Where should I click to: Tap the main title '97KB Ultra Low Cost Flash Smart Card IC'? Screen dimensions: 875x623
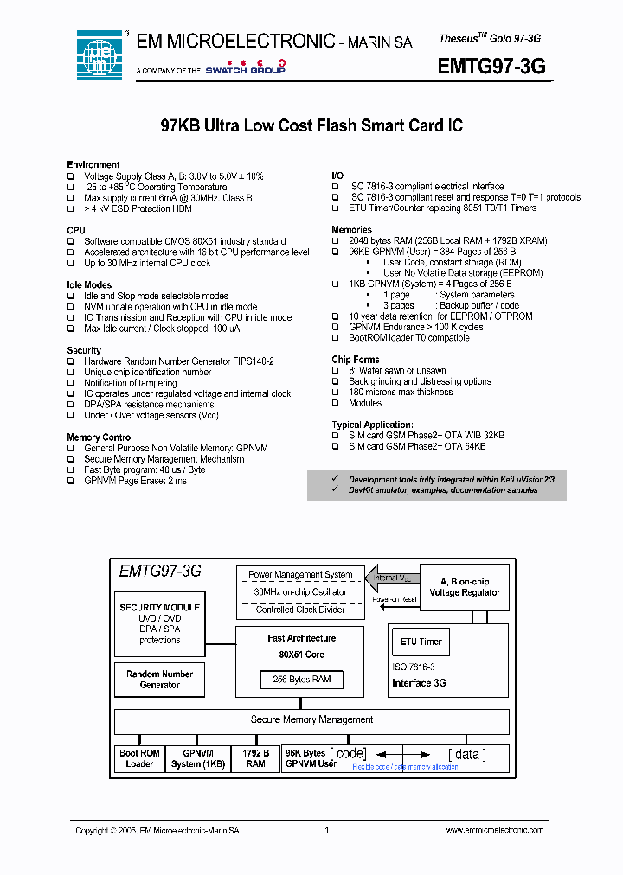click(x=311, y=126)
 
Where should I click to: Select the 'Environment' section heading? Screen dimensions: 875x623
click(x=93, y=164)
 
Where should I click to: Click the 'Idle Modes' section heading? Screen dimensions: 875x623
click(x=89, y=284)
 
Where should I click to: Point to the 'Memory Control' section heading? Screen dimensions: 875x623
click(x=100, y=437)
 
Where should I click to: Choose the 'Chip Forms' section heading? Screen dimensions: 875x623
click(x=356, y=360)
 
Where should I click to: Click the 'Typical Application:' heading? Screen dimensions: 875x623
click(x=372, y=425)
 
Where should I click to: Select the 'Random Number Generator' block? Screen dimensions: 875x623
click(x=159, y=680)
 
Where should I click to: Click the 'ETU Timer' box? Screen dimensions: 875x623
click(x=421, y=642)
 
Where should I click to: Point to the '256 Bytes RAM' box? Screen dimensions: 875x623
click(x=302, y=680)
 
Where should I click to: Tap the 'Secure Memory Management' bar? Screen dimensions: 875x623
click(x=311, y=719)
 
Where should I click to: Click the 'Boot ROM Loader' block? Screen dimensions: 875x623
click(x=138, y=758)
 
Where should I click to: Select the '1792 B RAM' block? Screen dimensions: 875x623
click(x=255, y=758)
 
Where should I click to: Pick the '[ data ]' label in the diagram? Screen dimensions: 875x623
click(x=466, y=754)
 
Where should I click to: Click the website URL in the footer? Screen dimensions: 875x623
click(x=495, y=830)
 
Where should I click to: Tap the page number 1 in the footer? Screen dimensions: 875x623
click(x=327, y=830)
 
